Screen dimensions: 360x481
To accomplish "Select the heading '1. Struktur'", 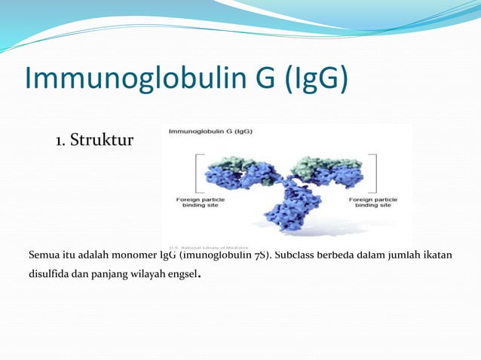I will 94,140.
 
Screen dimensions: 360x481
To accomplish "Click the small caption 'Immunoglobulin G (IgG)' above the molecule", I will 210,131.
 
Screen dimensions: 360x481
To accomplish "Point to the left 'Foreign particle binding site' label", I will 198,202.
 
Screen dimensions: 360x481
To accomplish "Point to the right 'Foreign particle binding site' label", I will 372,202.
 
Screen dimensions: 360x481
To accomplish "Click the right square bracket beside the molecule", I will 372,172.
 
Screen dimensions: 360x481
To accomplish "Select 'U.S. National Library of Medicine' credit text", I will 209,247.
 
